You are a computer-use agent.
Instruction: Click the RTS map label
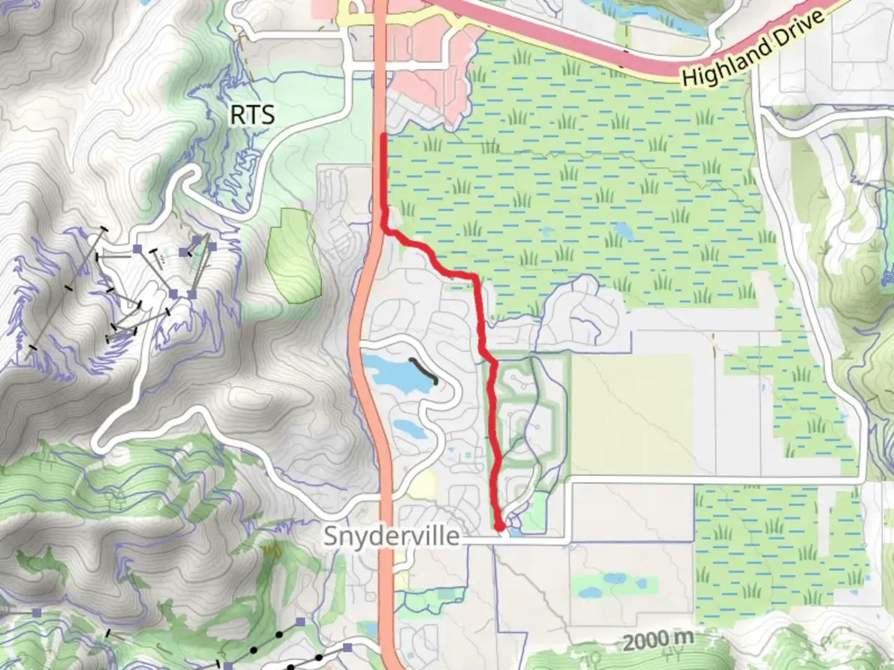(x=252, y=115)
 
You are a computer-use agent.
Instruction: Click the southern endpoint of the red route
(x=500, y=527)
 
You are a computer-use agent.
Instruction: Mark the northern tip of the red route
(x=384, y=135)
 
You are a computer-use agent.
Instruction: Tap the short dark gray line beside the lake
(x=425, y=370)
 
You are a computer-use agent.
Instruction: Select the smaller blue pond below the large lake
(x=408, y=427)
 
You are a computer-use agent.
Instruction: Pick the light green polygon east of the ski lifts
(x=293, y=255)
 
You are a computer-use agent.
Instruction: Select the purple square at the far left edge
(x=37, y=612)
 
